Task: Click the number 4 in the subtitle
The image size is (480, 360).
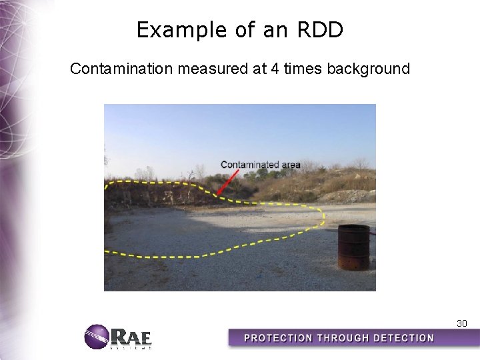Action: tap(275, 69)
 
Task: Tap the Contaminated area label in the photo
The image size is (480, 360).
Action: tap(260, 165)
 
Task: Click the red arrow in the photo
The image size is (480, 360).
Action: tap(229, 182)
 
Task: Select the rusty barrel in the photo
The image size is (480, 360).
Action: tap(353, 247)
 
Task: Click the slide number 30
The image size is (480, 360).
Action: tap(461, 323)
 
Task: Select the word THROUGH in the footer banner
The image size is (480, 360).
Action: tap(344, 338)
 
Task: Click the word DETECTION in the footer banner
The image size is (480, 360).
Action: tap(403, 338)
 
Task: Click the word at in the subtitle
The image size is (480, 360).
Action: tap(257, 69)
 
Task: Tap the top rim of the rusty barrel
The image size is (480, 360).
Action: tap(353, 228)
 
